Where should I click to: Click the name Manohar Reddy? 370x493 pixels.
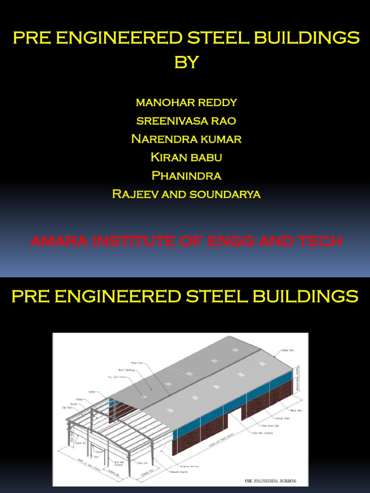click(x=186, y=103)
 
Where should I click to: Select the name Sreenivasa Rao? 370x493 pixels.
click(x=186, y=121)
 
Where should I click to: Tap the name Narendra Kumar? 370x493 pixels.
click(x=186, y=139)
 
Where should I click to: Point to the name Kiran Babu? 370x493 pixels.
click(x=186, y=157)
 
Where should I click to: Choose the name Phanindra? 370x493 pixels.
click(x=186, y=176)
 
